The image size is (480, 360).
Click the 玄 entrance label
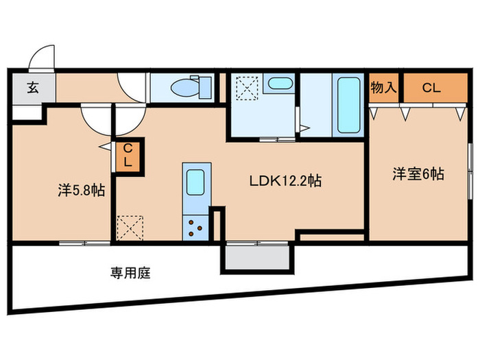[32, 87]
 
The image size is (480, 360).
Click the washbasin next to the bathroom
[278, 84]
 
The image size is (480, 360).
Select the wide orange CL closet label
[431, 87]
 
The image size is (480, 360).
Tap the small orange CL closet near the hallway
[128, 156]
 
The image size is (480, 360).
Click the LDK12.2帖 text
[285, 182]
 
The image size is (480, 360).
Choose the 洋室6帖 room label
[418, 174]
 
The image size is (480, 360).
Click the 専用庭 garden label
[130, 273]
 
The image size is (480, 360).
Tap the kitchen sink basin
[193, 182]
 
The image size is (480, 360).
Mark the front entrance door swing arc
[43, 58]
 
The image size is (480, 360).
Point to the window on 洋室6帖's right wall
[470, 165]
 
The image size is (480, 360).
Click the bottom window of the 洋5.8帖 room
[84, 243]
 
